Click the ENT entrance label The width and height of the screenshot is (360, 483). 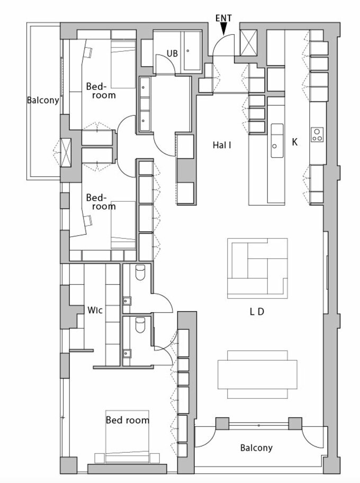223,18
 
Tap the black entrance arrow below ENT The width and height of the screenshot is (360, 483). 224,29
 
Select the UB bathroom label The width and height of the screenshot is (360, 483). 172,53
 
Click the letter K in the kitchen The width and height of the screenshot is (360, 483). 295,142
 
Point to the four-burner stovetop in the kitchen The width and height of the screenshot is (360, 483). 317,134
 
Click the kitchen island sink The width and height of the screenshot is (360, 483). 277,141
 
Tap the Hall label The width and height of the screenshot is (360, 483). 222,145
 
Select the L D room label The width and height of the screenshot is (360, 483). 257,312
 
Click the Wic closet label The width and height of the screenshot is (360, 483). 95,310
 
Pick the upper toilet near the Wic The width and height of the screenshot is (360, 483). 140,272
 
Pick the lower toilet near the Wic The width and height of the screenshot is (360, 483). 140,325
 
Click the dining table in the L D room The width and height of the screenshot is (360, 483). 257,374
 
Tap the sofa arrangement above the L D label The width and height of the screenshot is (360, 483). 257,268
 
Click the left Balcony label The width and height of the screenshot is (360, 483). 42,101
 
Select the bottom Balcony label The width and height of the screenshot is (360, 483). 256,448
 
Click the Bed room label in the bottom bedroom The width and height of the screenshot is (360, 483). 127,420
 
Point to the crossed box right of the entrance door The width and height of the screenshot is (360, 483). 248,42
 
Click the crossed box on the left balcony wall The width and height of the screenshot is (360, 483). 66,152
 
